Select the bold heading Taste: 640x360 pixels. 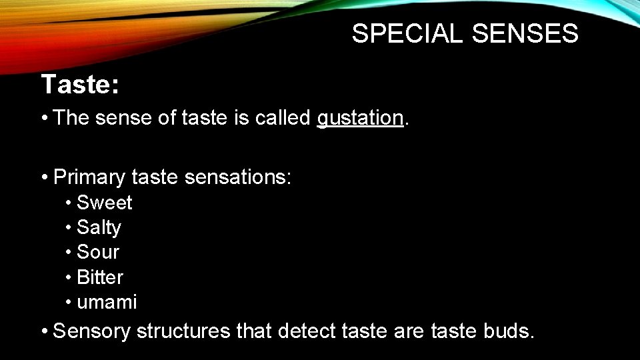[x=80, y=85]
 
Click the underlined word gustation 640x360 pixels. [x=360, y=118]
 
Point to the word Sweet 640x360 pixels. [x=105, y=203]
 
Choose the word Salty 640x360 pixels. [x=99, y=227]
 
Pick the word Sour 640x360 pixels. [x=98, y=252]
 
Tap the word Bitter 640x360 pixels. [x=100, y=277]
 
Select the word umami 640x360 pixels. [x=107, y=302]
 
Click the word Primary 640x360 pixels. [x=89, y=177]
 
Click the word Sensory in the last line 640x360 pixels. [x=91, y=331]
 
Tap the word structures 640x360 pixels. [x=183, y=331]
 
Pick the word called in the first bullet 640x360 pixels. [x=283, y=118]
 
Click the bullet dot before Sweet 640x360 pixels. [x=69, y=203]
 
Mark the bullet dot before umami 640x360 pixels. [x=69, y=302]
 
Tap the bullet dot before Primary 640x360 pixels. [x=44, y=178]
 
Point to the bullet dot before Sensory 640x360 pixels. [x=44, y=331]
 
